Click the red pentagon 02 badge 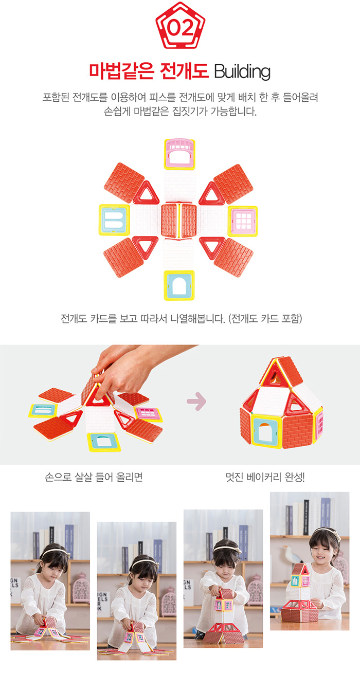(180, 26)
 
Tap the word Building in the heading (242, 71)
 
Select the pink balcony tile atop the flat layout (179, 154)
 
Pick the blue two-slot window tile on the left (114, 220)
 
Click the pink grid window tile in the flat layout (243, 221)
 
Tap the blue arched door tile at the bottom (179, 285)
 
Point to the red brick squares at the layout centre (179, 221)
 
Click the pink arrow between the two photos (196, 402)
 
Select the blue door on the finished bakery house (266, 431)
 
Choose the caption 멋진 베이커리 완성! (265, 477)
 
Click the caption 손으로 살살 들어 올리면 (94, 477)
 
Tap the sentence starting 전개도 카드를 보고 (181, 318)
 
